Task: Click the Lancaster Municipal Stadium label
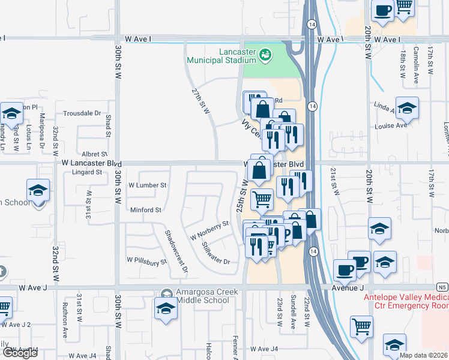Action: (221, 56)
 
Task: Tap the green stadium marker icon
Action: (265, 56)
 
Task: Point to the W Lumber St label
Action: (147, 185)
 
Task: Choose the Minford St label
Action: (146, 210)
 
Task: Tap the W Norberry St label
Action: (209, 229)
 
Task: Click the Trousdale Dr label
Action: (82, 113)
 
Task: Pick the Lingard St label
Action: (82, 172)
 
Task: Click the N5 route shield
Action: (442, 287)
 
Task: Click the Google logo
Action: (19, 353)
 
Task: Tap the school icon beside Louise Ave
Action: (407, 108)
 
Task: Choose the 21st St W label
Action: (335, 182)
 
